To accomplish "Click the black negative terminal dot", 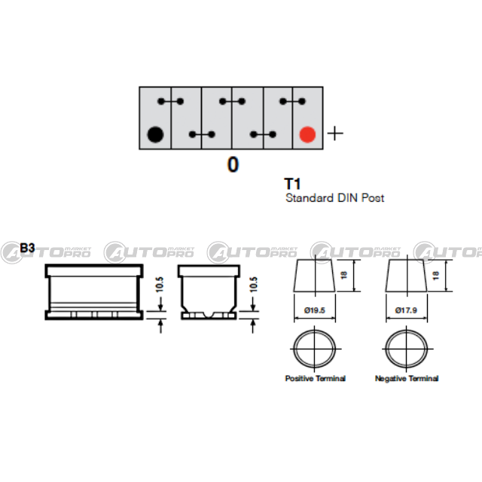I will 154,135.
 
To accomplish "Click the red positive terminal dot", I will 307,135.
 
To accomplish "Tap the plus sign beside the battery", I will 334,134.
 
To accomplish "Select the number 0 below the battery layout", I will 233,165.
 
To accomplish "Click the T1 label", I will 292,184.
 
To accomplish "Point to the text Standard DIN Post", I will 334,199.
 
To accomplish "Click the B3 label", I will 28,247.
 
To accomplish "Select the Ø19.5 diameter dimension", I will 315,310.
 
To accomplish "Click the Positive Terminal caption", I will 315,378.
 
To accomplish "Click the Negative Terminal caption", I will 407,378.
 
